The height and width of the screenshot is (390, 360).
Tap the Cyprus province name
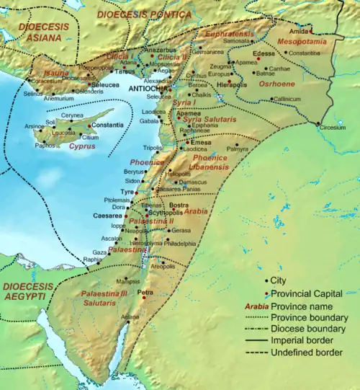pos(83,145)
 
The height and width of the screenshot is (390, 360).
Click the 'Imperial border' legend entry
pos(311,340)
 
